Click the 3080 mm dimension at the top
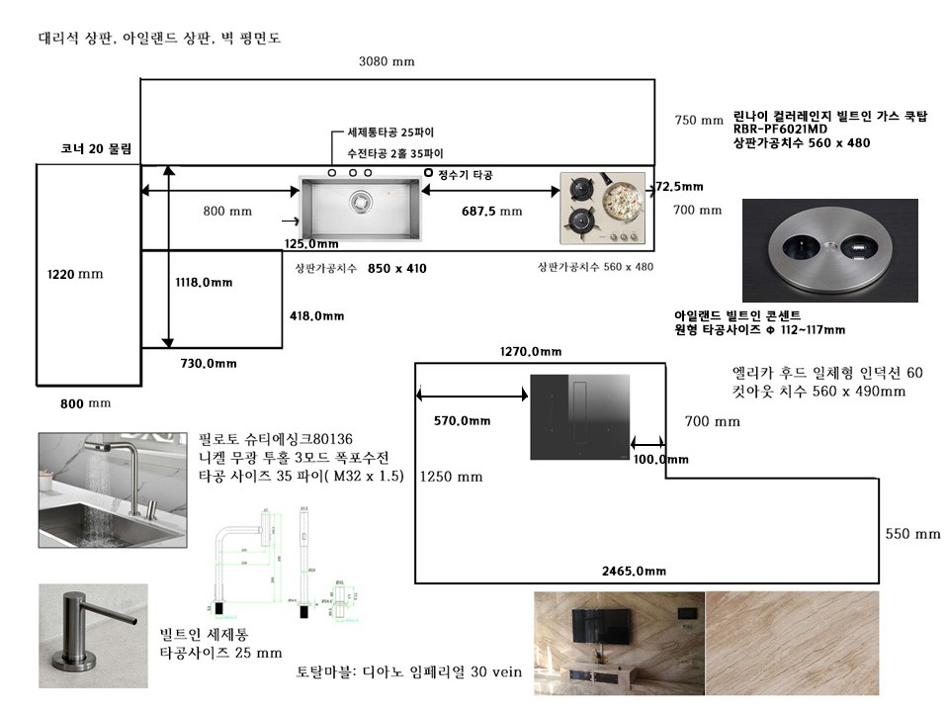pos(387,61)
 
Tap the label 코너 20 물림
pos(96,149)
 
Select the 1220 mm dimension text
pos(75,274)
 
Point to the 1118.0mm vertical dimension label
pos(204,283)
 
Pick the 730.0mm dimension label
pos(209,364)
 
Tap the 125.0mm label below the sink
pos(310,244)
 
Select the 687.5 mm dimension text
pos(491,211)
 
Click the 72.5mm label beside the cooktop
pos(678,186)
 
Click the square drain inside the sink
pos(363,201)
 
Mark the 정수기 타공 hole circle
pos(428,173)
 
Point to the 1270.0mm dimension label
pos(531,351)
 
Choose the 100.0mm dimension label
pos(660,459)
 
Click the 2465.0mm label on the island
pos(634,571)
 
